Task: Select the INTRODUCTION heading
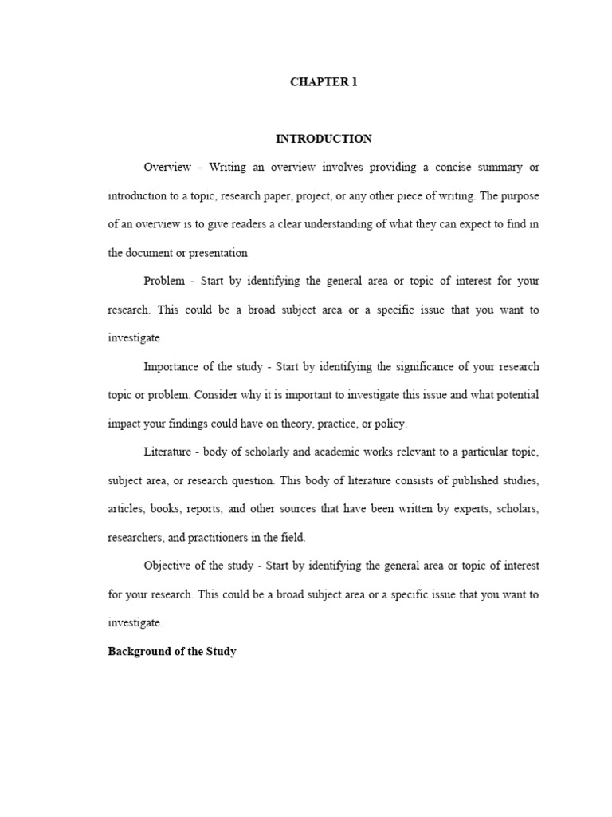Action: tap(324, 139)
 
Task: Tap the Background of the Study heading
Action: tap(172, 652)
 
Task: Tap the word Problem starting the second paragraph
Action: tap(164, 281)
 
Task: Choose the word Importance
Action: tap(171, 367)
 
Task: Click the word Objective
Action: tap(169, 566)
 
